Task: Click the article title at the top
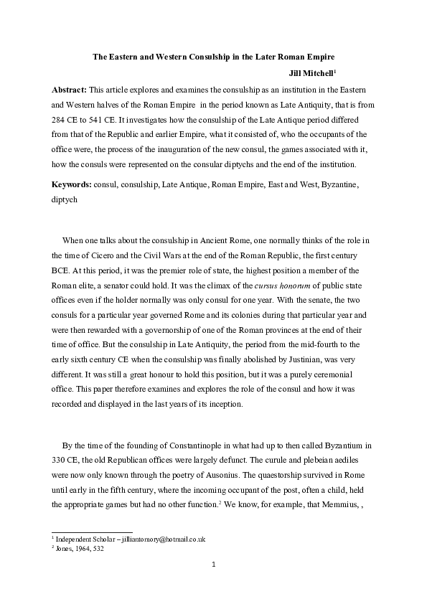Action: tap(214, 56)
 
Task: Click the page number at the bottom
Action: tap(214, 585)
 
